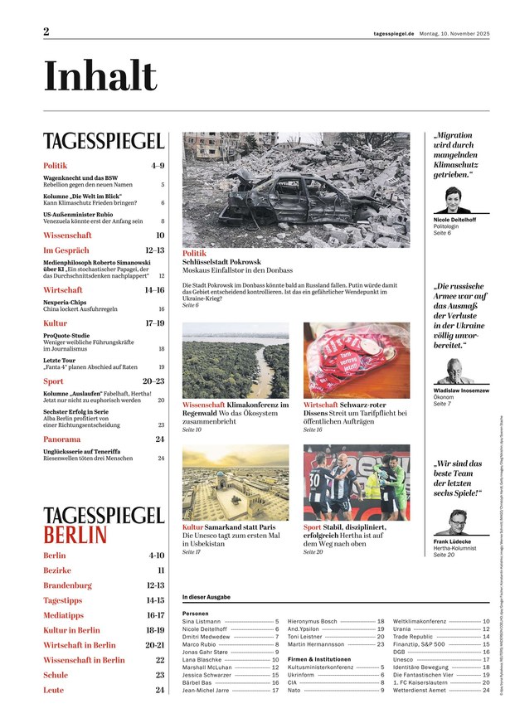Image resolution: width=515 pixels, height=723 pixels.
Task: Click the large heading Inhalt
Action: point(100,77)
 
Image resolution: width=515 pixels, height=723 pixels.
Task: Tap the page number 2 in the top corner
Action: point(47,32)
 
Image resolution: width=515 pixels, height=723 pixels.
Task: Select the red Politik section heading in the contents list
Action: point(56,166)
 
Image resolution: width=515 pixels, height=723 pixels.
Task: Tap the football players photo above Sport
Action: point(357,483)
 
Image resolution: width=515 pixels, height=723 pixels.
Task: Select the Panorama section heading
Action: point(62,439)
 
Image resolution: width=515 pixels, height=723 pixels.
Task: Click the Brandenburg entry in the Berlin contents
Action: point(67,585)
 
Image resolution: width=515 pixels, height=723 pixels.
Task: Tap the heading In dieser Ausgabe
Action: point(206,598)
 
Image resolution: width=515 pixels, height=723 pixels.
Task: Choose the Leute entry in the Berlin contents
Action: point(53,690)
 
